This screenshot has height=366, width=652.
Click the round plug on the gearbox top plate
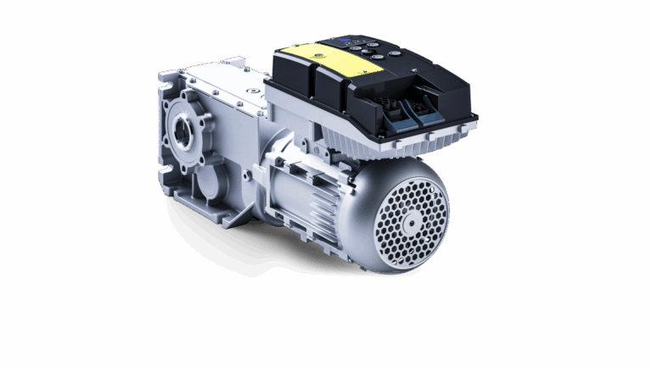tap(251, 88)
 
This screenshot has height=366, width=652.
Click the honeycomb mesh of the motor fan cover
tap(399, 241)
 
